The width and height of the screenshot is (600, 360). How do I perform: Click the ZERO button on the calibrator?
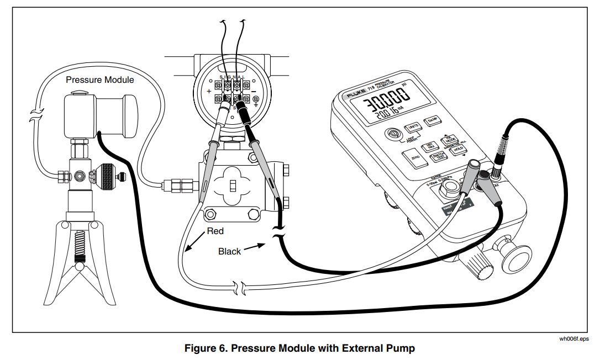coord(415,158)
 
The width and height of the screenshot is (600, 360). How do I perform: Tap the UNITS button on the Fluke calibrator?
coord(411,127)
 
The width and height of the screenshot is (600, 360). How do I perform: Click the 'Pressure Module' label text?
coord(99,80)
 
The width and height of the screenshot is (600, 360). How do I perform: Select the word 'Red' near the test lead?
coord(215,230)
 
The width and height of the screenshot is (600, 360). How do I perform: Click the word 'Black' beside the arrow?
coord(229,251)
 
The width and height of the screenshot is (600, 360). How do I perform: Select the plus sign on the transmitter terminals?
coord(209,91)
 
